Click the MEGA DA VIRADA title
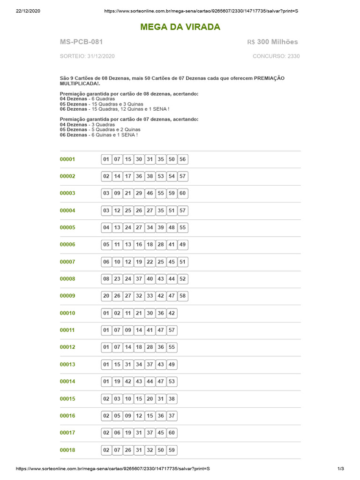(x=180, y=27)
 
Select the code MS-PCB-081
(x=81, y=42)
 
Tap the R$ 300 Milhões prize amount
(x=272, y=42)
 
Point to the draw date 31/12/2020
(x=100, y=56)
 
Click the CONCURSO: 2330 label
(x=276, y=56)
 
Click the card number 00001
(x=67, y=159)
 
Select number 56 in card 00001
(x=183, y=159)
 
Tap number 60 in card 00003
(x=183, y=193)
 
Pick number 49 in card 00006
(x=183, y=245)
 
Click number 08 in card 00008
(x=106, y=279)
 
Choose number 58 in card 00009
(x=183, y=296)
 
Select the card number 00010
(x=67, y=313)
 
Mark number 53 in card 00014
(x=172, y=382)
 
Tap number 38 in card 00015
(x=172, y=399)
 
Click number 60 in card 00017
(x=172, y=433)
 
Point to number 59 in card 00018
(x=172, y=450)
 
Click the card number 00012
(x=67, y=347)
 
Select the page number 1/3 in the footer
(x=341, y=469)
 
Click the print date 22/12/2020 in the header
(x=28, y=11)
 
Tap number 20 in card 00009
(x=106, y=296)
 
